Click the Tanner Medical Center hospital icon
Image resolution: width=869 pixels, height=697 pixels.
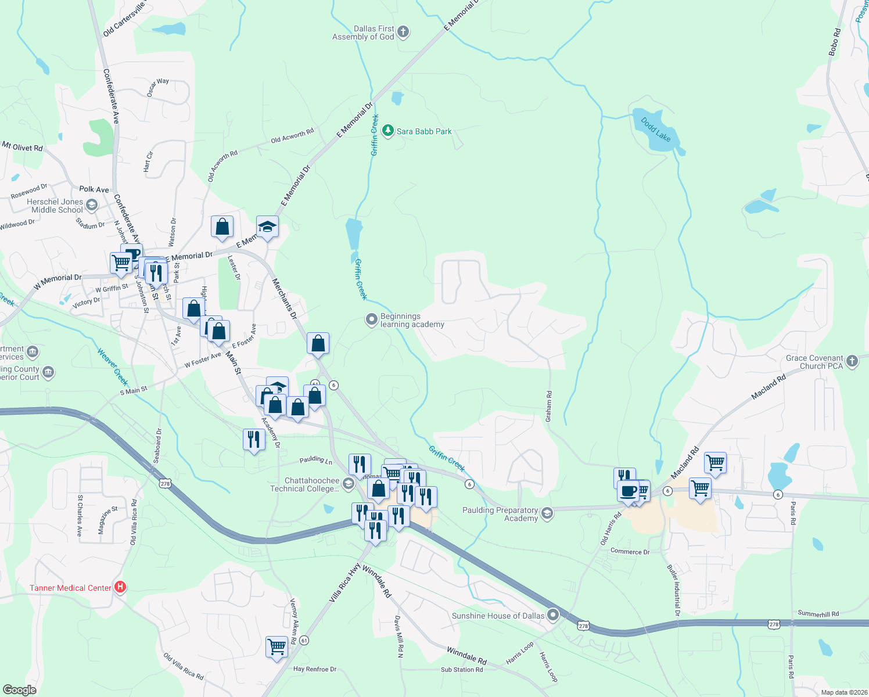(x=120, y=587)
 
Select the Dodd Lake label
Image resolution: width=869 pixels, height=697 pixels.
(x=656, y=130)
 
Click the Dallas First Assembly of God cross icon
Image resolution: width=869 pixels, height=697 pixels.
(x=403, y=33)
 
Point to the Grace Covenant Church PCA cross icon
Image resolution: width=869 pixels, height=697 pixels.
(x=852, y=361)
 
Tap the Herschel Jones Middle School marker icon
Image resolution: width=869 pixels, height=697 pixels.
(x=92, y=205)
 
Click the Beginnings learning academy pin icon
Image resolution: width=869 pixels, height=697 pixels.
(x=372, y=320)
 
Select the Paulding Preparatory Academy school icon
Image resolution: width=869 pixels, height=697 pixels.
(x=547, y=513)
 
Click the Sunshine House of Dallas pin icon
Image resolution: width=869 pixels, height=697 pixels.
(x=553, y=615)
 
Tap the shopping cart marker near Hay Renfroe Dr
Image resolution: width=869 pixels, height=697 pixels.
(x=276, y=646)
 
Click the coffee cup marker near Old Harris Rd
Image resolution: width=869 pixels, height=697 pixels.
(x=628, y=491)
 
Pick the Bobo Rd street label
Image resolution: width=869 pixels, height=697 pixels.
(x=835, y=42)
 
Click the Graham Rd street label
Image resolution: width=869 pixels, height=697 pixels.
(x=549, y=406)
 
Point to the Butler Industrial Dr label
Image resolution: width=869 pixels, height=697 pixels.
(x=674, y=590)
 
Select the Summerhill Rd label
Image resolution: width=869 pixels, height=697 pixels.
(x=818, y=614)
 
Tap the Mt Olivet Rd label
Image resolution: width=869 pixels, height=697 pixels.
(x=23, y=147)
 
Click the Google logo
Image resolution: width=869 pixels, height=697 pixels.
(x=19, y=689)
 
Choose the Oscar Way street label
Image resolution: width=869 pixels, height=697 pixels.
(x=158, y=87)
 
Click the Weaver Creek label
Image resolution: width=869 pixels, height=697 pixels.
(x=113, y=367)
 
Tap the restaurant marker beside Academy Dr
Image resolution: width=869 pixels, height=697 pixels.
(x=253, y=439)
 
